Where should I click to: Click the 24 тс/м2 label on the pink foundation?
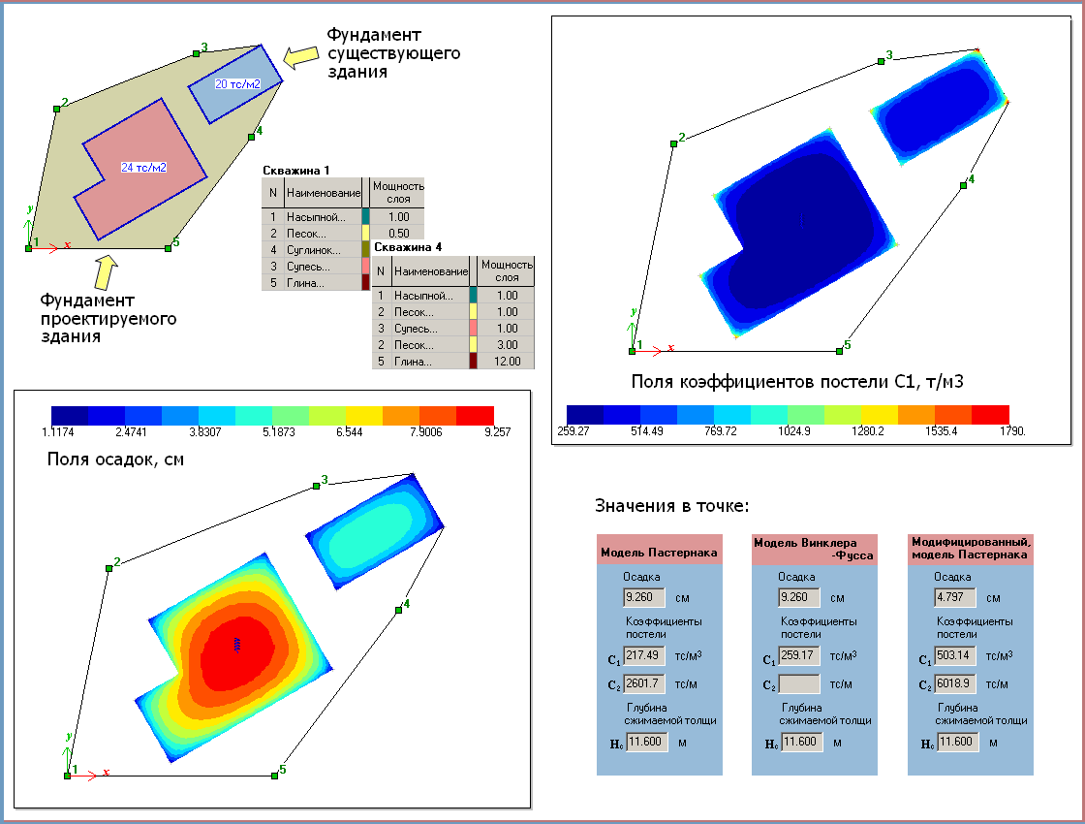pos(143,168)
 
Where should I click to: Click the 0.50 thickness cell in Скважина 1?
pos(397,233)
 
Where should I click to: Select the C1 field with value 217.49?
pos(643,656)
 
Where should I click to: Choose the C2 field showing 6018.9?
pos(954,683)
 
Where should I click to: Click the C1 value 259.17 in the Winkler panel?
pos(799,656)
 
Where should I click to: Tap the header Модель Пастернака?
pos(660,553)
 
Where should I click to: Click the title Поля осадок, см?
pos(115,459)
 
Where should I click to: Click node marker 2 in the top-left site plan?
pos(56,108)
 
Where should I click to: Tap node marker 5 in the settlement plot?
pos(274,776)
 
